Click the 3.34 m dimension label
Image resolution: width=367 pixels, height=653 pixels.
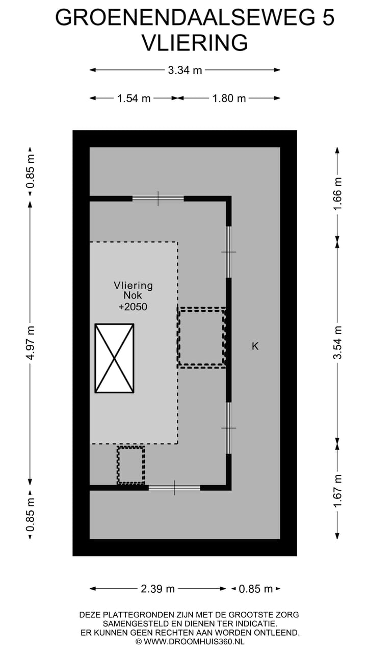coord(185,70)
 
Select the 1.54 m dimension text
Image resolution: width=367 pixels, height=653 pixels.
coord(134,98)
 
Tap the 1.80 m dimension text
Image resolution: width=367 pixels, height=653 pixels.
coord(229,98)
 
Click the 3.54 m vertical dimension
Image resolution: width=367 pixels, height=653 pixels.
coord(337,342)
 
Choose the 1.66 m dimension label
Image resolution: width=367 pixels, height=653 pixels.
coord(337,193)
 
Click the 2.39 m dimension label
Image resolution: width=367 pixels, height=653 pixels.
coord(158,589)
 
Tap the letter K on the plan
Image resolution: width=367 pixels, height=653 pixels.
coord(255,346)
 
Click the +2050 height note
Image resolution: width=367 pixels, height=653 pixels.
coord(133,307)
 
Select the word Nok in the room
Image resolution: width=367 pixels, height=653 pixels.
coord(133,295)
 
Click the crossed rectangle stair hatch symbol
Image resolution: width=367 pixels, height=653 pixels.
coord(115,358)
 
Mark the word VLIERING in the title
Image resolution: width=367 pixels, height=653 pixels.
coord(195,43)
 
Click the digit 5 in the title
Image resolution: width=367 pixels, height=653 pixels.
coord(328,17)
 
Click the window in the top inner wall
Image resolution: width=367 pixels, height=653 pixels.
coord(158,198)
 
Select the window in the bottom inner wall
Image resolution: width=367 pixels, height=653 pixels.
coord(174,488)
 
